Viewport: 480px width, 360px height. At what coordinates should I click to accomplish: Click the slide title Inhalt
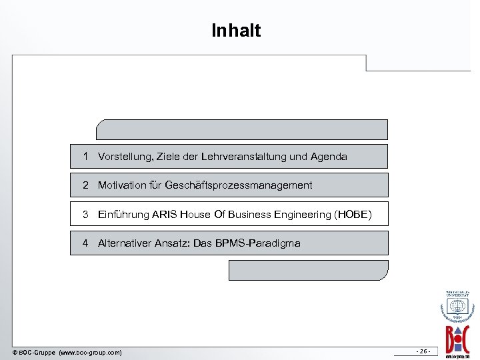point(236,31)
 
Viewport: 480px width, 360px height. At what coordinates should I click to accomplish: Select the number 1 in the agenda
point(86,157)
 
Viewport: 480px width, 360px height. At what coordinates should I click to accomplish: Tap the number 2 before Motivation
point(86,185)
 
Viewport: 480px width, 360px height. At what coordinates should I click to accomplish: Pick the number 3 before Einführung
point(86,215)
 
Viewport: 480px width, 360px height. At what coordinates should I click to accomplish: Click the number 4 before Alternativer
point(86,243)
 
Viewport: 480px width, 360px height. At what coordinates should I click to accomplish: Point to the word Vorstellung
point(125,157)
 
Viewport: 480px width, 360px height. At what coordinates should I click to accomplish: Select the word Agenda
point(328,157)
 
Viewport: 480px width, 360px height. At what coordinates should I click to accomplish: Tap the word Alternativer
point(127,243)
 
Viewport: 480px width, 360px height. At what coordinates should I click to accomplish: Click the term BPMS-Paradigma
point(258,243)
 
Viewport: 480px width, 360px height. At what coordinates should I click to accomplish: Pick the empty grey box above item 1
point(242,129)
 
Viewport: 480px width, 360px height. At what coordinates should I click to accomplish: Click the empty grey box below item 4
point(308,270)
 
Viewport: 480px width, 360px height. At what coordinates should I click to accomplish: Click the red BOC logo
point(458,336)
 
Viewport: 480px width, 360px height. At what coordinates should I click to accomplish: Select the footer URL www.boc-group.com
point(91,352)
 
